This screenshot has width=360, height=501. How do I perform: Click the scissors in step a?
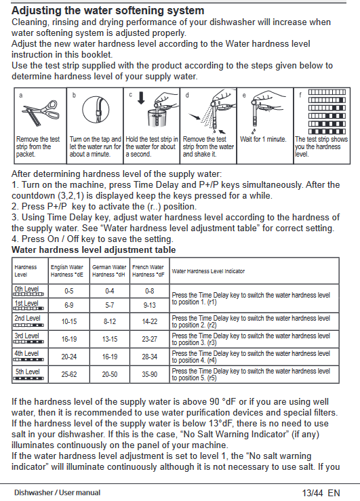pos(41,113)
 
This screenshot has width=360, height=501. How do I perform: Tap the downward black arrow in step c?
pos(141,98)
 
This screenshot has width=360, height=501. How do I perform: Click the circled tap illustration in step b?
pos(96,110)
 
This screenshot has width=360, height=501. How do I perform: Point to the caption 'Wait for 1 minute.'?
pos(263,139)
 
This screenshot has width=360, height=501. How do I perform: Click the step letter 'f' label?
pos(300,95)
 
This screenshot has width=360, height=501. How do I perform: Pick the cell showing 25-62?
pos(69,374)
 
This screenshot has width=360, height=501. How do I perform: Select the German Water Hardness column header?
pos(109,270)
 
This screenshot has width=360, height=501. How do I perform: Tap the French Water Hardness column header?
pos(148,270)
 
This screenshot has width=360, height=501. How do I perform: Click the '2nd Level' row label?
pos(27,318)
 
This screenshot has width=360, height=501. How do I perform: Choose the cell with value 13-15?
pos(110,339)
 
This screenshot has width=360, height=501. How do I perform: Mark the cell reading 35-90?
pos(150,374)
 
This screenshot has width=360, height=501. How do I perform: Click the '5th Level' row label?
pos(28,372)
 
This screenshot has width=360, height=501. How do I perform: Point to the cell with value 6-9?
pos(69,305)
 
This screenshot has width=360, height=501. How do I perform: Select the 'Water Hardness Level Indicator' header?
pos(208,271)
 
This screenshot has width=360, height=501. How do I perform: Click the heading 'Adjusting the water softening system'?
pos(108,11)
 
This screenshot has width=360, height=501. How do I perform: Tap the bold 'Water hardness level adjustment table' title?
pos(94,249)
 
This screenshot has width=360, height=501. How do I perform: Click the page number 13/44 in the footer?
pos(313,493)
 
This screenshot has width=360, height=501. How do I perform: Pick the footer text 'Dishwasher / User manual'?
pos(57,492)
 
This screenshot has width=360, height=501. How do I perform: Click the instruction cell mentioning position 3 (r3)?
pos(251,339)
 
